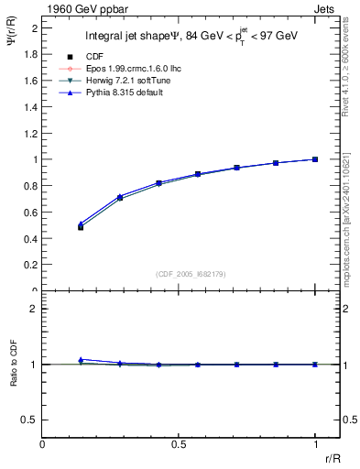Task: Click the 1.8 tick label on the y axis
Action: pyautogui.click(x=31, y=54)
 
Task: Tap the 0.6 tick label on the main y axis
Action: pyautogui.click(x=31, y=213)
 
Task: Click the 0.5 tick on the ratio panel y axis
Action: pyautogui.click(x=31, y=420)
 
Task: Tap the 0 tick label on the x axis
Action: pyautogui.click(x=43, y=443)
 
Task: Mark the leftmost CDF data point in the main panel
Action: pyautogui.click(x=81, y=227)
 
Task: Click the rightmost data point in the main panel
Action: pyautogui.click(x=315, y=159)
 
